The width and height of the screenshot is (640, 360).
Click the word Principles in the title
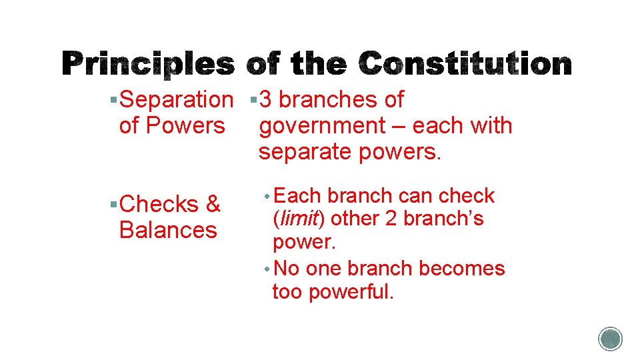point(148,65)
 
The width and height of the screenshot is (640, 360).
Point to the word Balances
point(167,230)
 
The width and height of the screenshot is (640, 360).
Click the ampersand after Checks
point(213,204)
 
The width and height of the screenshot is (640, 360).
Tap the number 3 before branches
point(265,99)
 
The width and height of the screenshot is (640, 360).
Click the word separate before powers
point(306,152)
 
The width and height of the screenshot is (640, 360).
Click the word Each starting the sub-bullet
point(298,195)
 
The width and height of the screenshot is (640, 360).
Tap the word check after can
point(466,195)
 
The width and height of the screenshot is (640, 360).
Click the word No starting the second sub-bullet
point(287,268)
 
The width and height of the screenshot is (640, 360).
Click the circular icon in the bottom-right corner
point(610,339)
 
